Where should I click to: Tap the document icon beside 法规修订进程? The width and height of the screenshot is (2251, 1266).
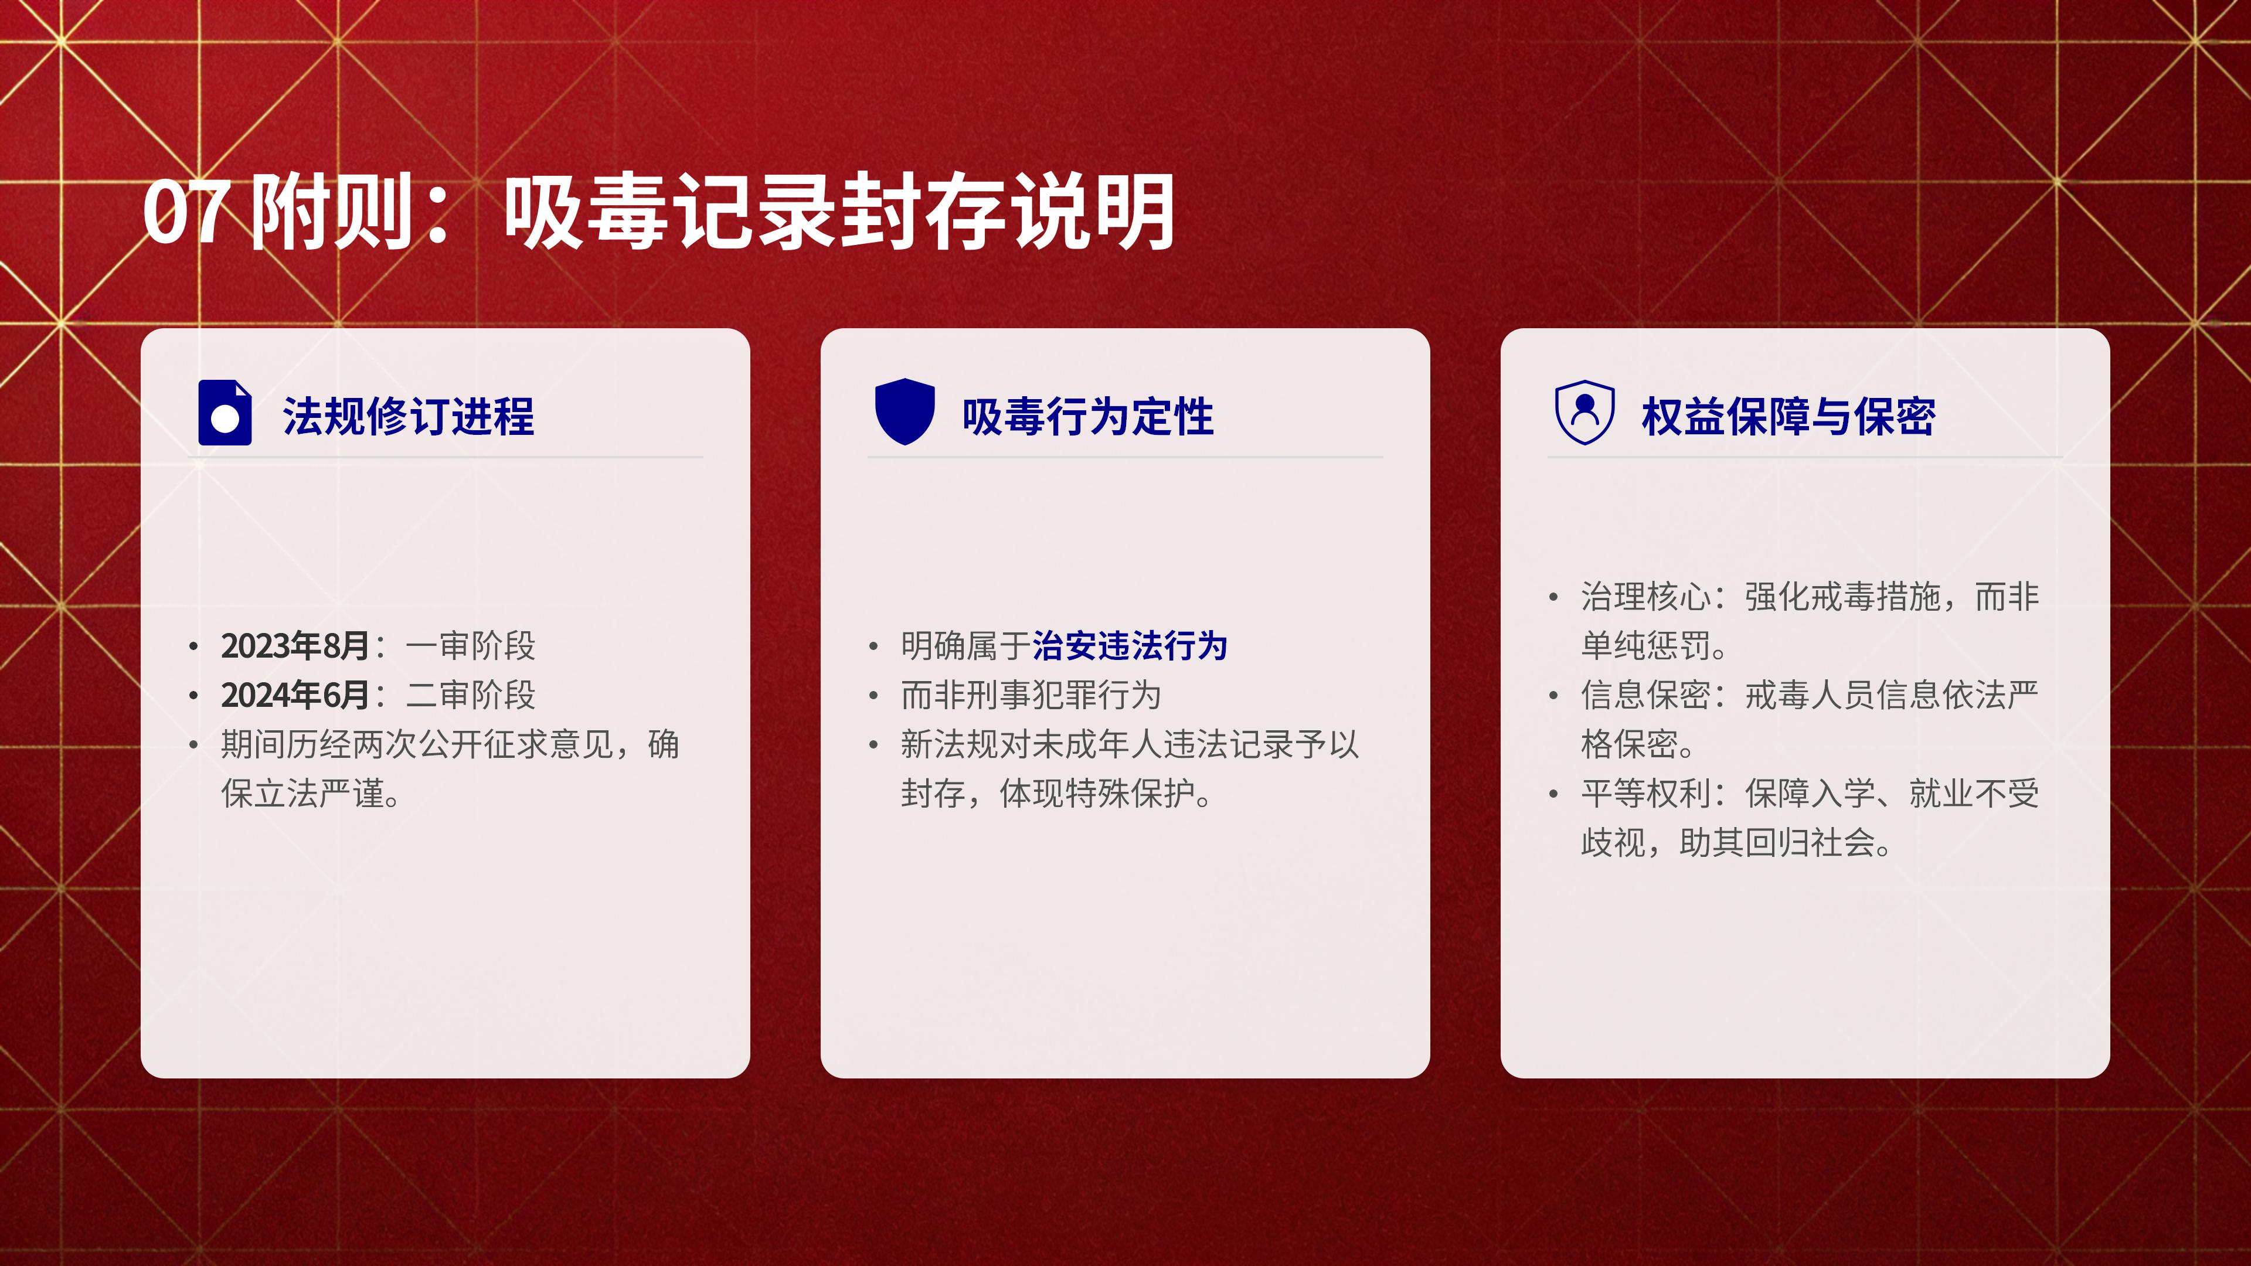coord(226,413)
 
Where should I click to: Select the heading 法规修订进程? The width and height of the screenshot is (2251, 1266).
coord(408,416)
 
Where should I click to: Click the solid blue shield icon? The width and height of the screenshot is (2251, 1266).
coord(905,411)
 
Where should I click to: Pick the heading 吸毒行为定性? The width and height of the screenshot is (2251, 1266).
coord(1088,416)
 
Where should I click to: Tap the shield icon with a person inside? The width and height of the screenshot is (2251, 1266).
coord(1585,411)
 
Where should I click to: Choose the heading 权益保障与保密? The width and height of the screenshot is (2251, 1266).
coord(1788,416)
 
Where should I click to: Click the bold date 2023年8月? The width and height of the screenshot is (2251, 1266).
coord(295,646)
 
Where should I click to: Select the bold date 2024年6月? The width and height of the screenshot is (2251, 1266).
coord(295,695)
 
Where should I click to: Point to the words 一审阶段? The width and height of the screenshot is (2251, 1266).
coord(471,646)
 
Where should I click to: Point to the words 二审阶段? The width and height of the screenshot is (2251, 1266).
coord(471,695)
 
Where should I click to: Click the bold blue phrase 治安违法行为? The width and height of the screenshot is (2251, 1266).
coord(1130,646)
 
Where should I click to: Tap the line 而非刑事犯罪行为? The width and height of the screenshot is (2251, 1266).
coord(1031,695)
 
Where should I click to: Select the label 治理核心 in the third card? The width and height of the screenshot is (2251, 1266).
coord(1646,597)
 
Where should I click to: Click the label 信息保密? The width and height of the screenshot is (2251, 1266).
coord(1646,695)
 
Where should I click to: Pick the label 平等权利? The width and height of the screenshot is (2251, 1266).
coord(1646,794)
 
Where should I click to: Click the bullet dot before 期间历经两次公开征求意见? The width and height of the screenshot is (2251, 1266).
coord(193,744)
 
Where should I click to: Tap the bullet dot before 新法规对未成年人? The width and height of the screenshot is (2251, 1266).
coord(873,744)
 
